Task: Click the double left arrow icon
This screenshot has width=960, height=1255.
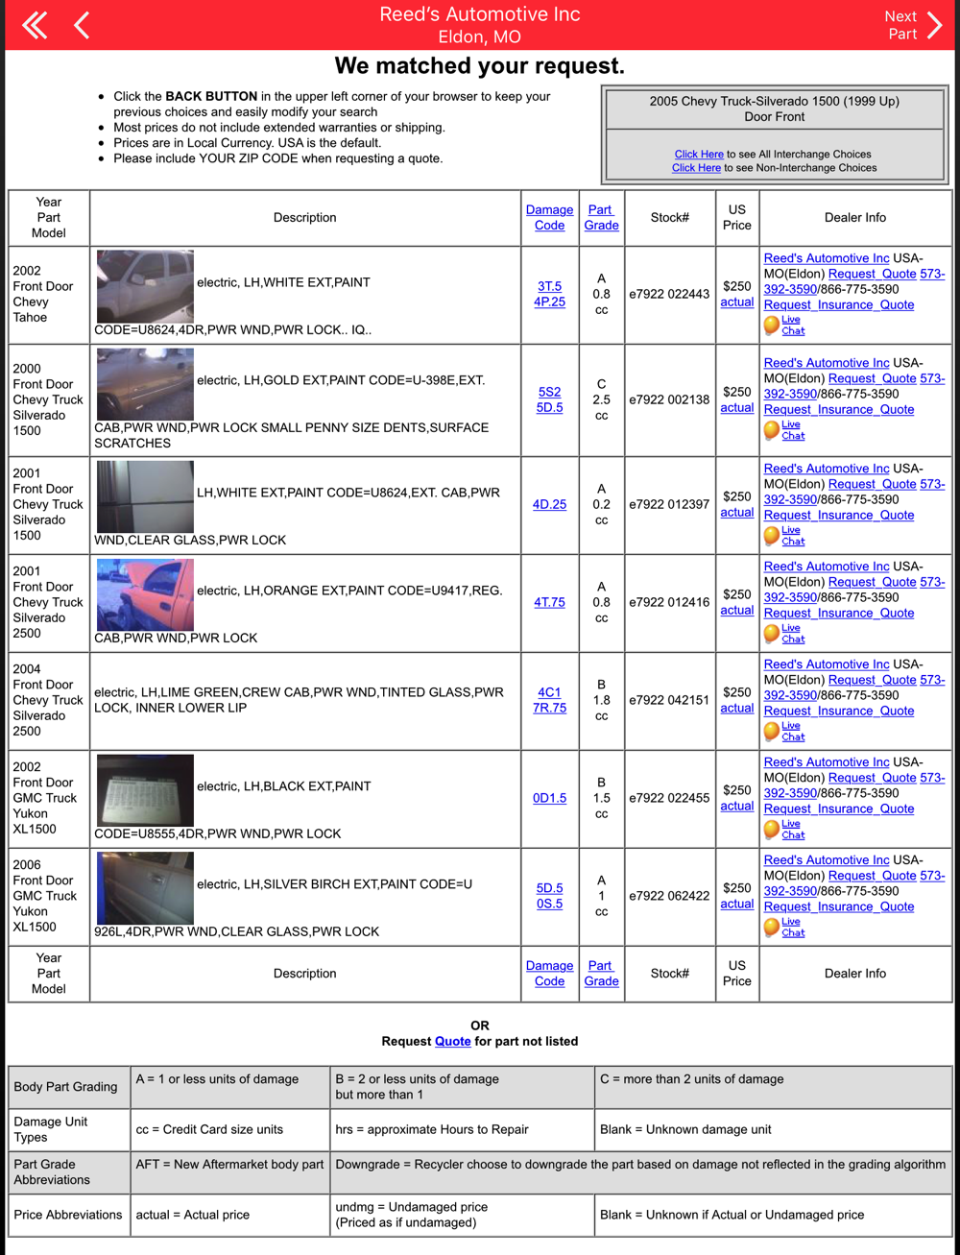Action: [35, 25]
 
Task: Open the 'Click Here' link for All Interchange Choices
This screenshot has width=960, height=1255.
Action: [699, 154]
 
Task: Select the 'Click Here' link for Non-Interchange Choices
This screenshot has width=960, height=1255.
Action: [696, 168]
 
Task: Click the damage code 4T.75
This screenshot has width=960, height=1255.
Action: [549, 603]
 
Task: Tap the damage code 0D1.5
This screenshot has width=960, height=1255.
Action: [549, 798]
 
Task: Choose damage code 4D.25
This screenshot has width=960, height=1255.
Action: [549, 504]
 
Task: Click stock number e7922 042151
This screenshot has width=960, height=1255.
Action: [669, 700]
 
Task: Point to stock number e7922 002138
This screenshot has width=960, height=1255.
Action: [669, 399]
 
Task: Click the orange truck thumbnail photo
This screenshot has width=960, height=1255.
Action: [145, 594]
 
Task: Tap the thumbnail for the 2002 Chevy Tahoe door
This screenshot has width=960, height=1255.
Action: [145, 286]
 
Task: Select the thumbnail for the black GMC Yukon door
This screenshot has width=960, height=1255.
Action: [145, 790]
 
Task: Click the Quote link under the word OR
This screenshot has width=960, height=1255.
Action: [452, 1042]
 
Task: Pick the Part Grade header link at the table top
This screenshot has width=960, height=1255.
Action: [601, 217]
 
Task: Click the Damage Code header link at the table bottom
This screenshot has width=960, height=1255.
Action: [549, 974]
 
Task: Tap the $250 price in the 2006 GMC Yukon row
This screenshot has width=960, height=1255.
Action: [736, 888]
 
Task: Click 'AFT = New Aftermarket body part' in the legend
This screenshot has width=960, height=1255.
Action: [230, 1165]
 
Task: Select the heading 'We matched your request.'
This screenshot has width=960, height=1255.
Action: [479, 66]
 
